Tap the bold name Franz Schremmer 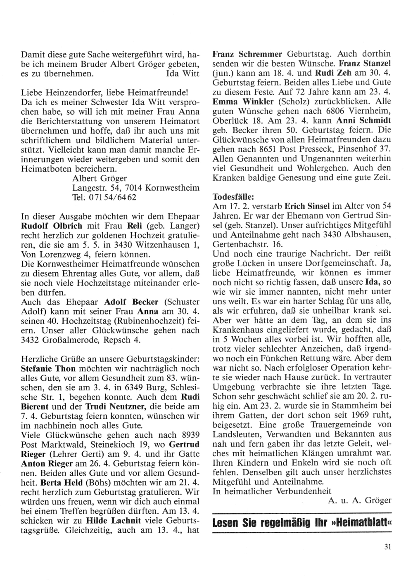pyautogui.click(x=247, y=54)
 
